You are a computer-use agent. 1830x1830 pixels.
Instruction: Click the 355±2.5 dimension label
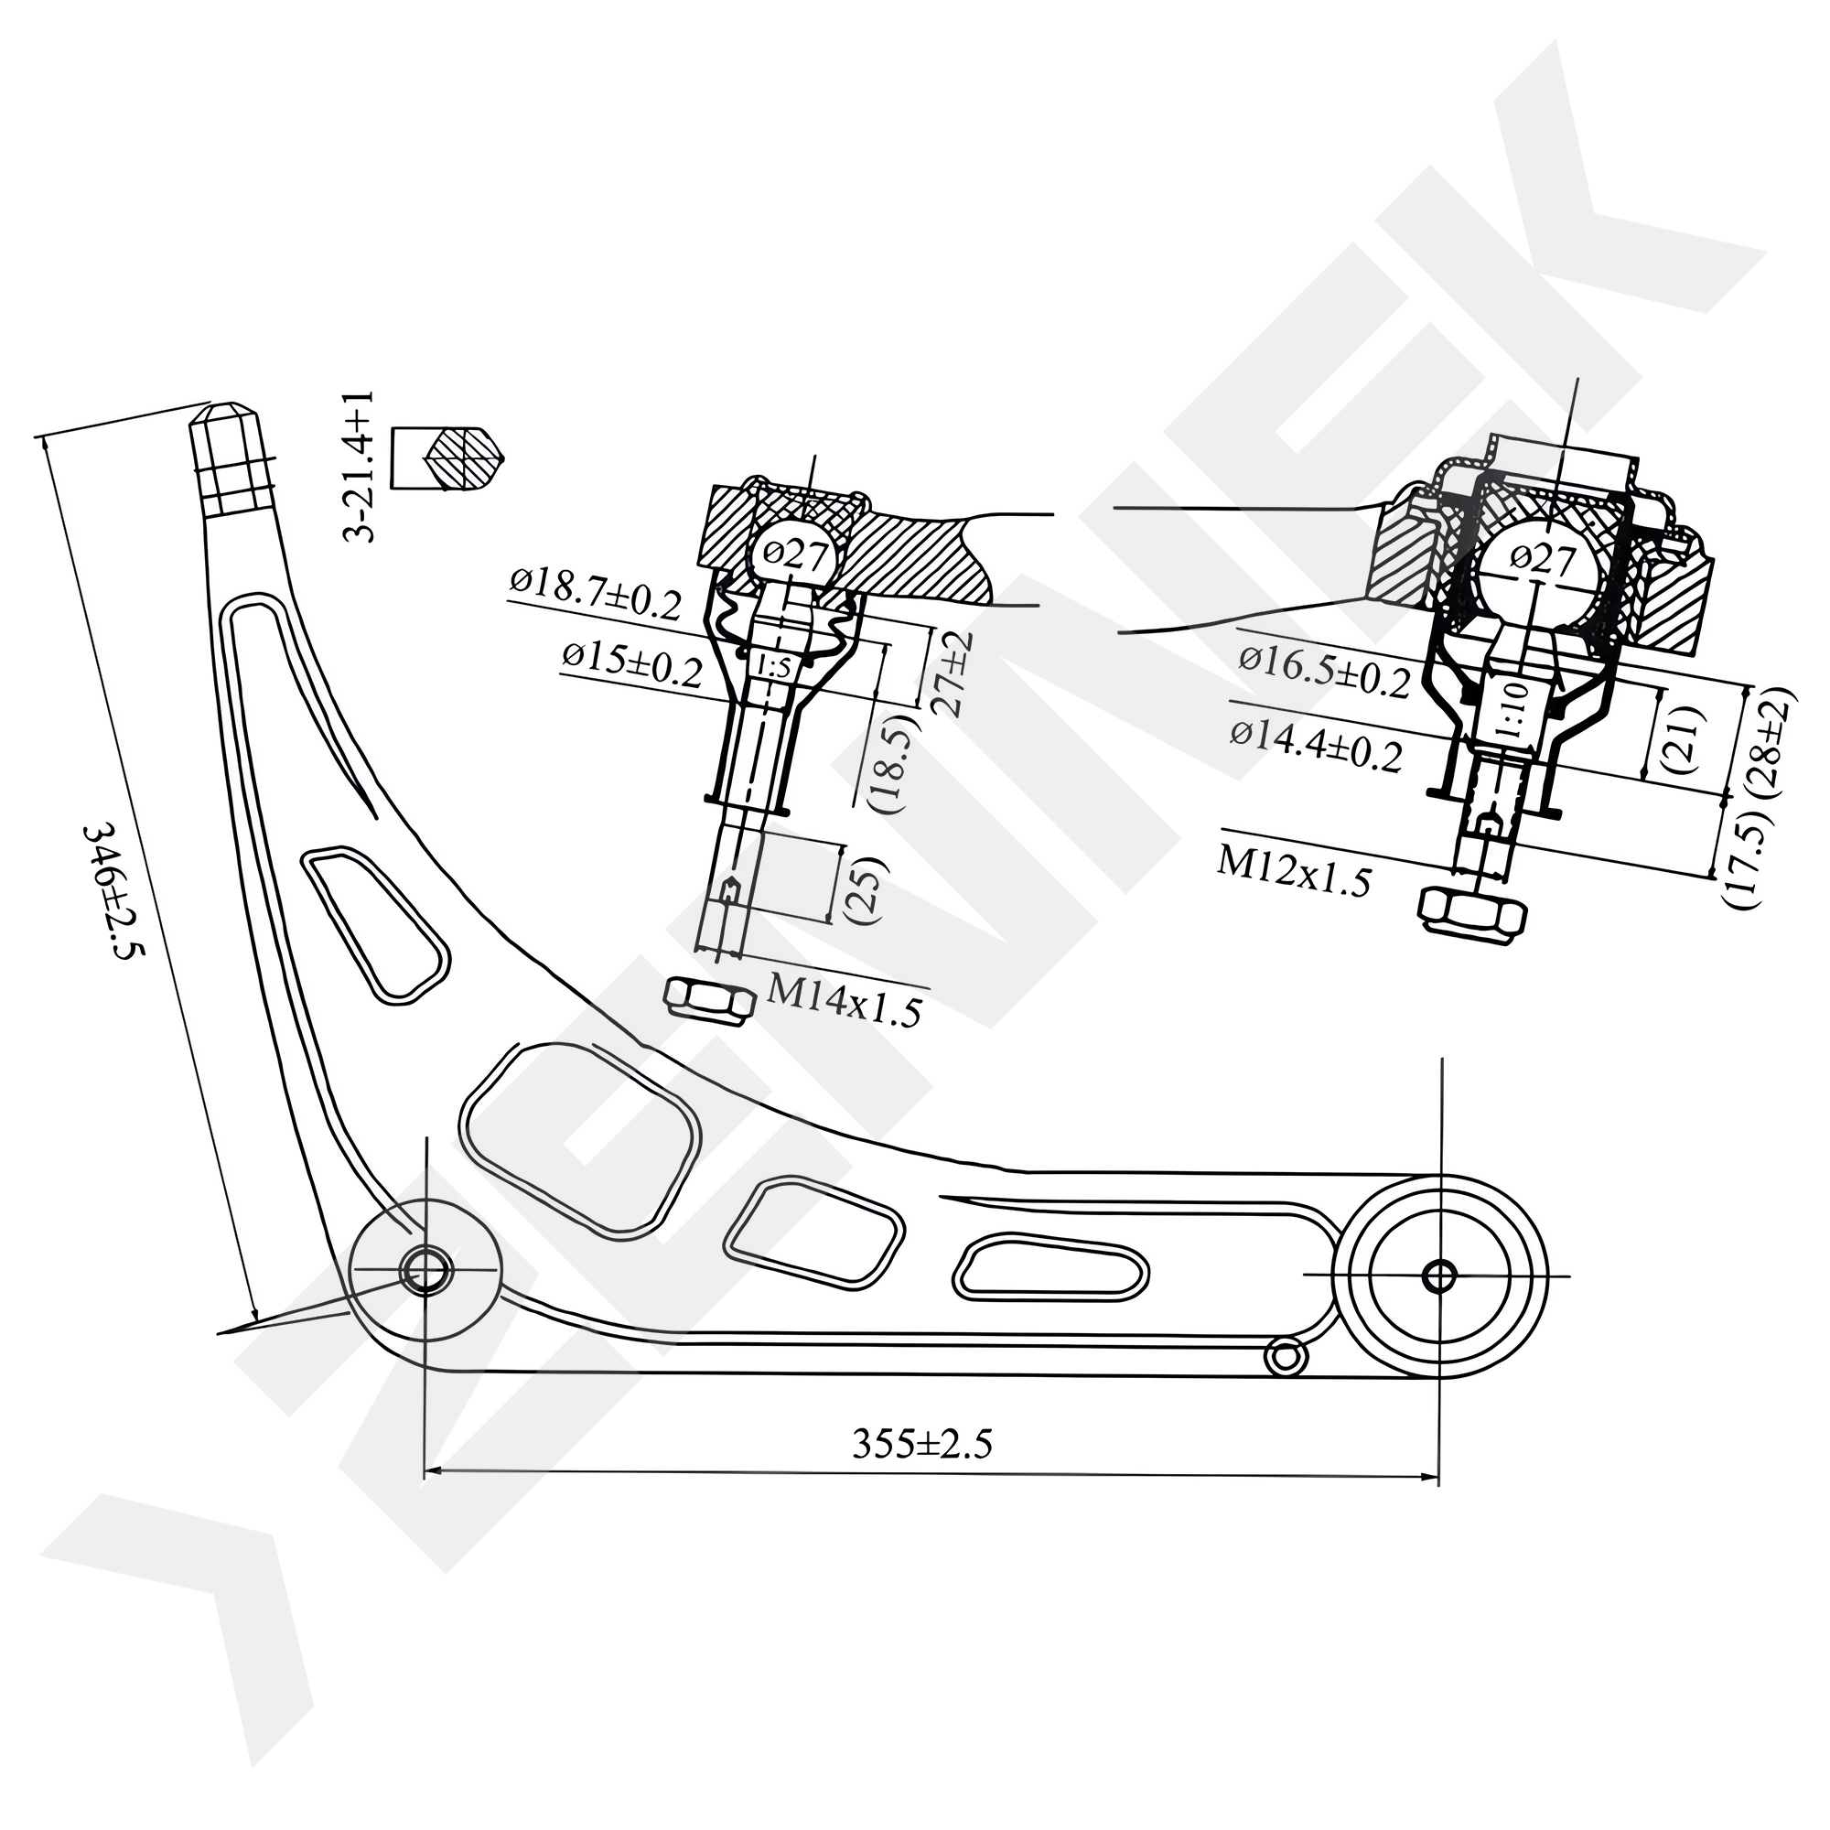pyautogui.click(x=921, y=1445)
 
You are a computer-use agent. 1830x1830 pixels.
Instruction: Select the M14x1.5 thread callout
pyautogui.click(x=843, y=1001)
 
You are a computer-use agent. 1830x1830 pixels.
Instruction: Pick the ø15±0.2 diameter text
pyautogui.click(x=631, y=663)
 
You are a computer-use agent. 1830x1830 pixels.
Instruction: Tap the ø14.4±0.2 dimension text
pyautogui.click(x=1316, y=747)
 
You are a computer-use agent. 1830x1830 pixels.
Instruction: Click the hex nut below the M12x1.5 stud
pyautogui.click(x=1473, y=913)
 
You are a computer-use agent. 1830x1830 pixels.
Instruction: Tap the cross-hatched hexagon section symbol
pyautogui.click(x=464, y=458)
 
